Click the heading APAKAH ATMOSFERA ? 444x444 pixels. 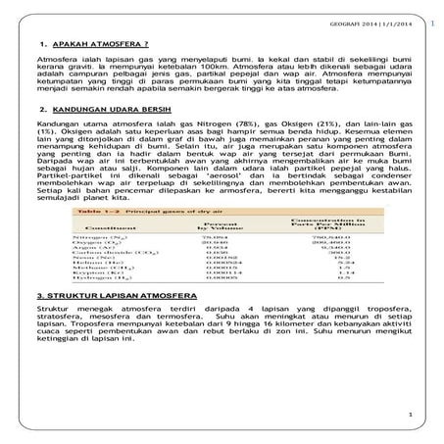[98, 45]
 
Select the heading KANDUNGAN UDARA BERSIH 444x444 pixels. [108, 110]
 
